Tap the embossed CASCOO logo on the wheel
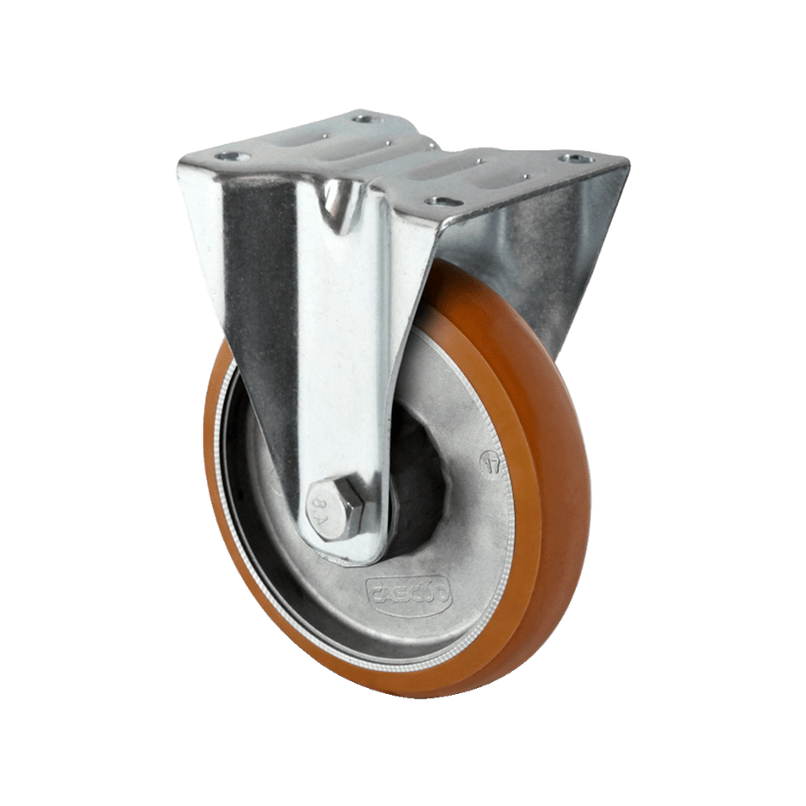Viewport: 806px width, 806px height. [410, 593]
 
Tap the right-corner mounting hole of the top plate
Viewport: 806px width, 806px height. [578, 159]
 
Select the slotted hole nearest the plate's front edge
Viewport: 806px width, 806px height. [439, 201]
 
